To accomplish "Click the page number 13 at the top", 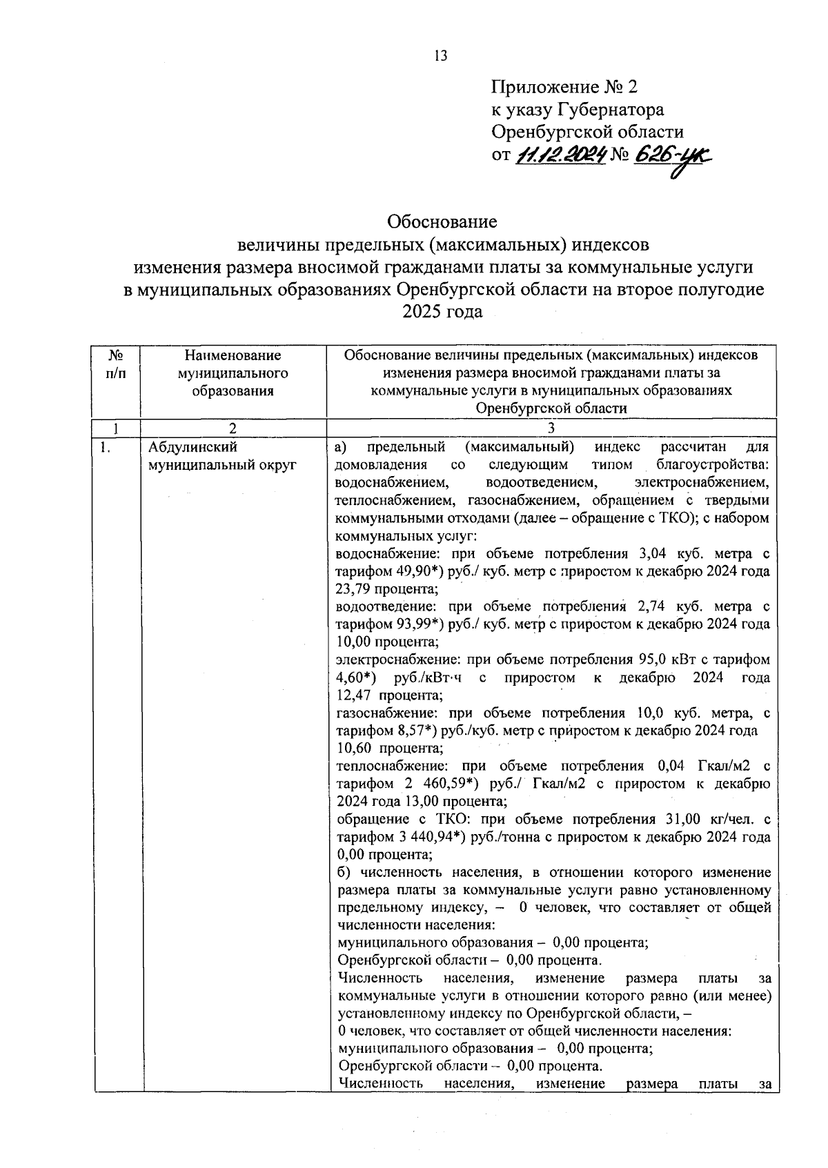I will [440, 56].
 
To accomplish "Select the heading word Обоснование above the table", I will [442, 222].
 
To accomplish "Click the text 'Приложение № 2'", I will [565, 88].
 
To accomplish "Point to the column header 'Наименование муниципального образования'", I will [233, 373].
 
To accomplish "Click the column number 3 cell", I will [551, 428].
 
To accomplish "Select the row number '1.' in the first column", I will [104, 447].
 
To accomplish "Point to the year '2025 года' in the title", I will [442, 312].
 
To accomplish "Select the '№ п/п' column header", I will [117, 364].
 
